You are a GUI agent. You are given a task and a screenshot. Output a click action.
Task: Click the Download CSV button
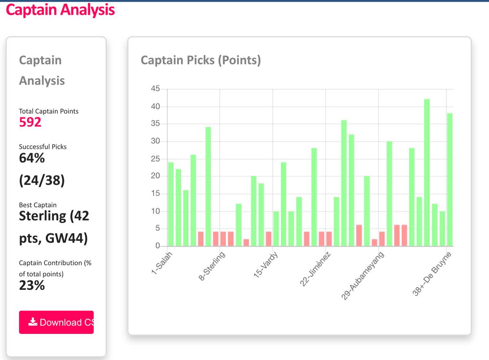pos(56,322)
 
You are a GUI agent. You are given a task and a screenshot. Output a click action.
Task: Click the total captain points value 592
pos(30,122)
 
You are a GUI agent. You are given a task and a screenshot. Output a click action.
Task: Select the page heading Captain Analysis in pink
pos(60,10)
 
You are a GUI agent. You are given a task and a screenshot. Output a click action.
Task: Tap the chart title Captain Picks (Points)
pos(200,60)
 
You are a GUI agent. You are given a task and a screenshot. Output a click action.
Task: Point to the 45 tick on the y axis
pos(155,89)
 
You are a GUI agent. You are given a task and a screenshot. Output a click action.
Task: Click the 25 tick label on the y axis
pos(155,159)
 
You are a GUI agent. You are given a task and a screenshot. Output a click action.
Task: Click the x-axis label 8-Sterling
pos(212,267)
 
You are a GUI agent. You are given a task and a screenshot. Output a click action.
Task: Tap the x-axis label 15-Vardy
pos(266,265)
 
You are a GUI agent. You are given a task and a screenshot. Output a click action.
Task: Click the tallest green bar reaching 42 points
pos(427,171)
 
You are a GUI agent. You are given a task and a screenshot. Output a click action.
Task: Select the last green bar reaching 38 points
pos(449,179)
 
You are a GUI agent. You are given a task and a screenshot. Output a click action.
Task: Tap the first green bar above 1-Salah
pos(171,204)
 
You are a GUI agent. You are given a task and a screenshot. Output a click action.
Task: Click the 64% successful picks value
pos(32,158)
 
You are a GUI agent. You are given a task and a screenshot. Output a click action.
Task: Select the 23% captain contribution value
pos(32,285)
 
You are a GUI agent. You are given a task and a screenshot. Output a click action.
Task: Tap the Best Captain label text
pos(38,205)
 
